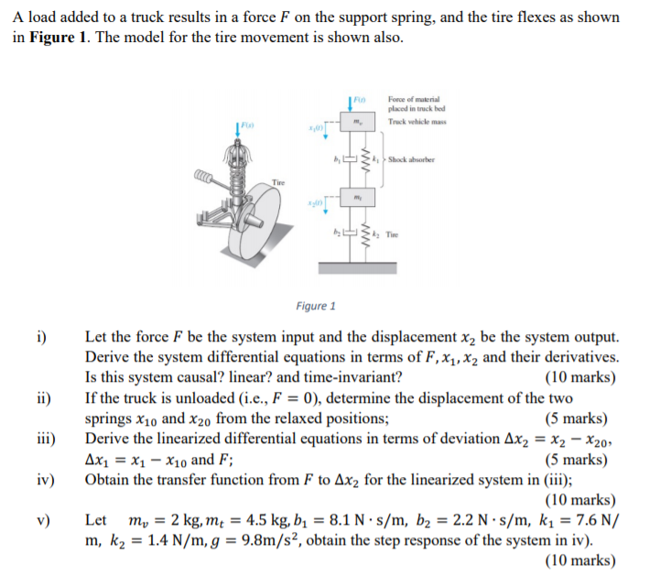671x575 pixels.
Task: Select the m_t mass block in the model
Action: [358, 199]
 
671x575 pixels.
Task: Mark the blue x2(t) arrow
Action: [326, 216]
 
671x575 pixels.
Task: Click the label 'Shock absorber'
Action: [409, 159]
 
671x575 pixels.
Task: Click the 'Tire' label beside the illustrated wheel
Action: [277, 183]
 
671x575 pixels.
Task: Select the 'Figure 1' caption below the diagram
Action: [316, 306]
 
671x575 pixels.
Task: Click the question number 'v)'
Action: [44, 520]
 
